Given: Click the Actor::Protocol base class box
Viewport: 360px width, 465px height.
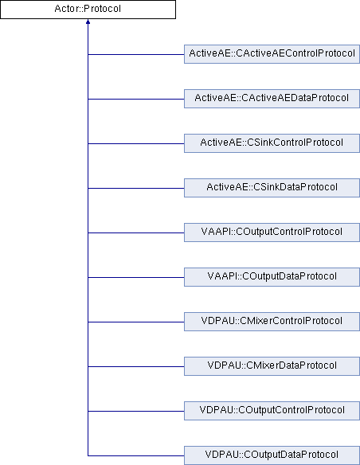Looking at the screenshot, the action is (88, 10).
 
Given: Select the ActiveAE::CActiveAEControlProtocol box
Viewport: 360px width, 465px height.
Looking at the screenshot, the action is (272, 54).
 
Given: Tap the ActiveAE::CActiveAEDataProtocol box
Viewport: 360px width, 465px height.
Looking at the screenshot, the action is (272, 99).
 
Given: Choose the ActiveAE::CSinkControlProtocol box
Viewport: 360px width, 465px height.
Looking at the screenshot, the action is (272, 143).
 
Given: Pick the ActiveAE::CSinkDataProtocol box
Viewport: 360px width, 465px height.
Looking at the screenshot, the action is (272, 188).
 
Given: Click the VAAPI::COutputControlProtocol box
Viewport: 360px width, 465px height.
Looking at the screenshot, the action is (272, 232).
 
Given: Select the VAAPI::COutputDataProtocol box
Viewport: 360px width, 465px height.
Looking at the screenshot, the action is (272, 277).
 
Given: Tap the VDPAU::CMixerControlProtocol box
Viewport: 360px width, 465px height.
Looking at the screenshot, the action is (272, 322).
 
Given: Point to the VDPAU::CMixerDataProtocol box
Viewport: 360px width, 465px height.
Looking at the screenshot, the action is (272, 366).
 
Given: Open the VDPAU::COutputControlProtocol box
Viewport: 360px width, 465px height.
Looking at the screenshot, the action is (272, 411).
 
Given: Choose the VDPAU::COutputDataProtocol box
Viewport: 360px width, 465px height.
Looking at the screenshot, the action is (272, 455).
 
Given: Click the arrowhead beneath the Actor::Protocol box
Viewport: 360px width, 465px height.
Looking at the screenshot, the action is (88, 21).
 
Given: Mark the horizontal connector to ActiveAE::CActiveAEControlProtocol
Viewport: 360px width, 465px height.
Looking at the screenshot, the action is (136, 54).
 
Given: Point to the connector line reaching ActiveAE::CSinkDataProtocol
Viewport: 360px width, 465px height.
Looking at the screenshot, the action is (136, 188).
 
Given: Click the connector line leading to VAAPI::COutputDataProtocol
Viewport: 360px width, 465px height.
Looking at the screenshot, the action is (136, 277).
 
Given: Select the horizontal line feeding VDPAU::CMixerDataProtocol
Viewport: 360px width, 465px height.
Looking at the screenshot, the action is (136, 366).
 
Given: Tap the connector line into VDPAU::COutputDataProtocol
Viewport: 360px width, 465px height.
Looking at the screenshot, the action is (136, 455).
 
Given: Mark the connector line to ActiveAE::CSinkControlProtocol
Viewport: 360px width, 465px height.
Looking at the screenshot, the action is (136, 143).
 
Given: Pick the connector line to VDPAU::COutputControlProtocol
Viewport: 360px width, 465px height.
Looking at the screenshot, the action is (136, 411).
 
